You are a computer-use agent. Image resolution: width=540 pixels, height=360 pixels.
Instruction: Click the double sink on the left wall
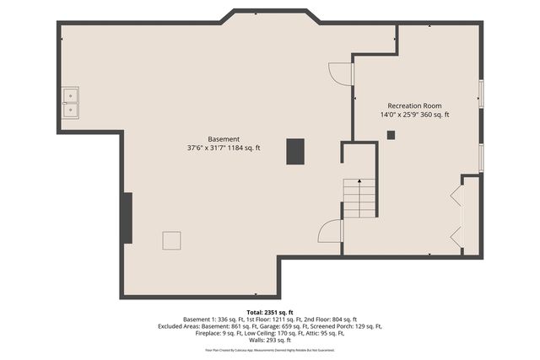click(70, 103)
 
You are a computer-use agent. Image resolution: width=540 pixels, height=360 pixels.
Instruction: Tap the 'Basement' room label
click(224, 139)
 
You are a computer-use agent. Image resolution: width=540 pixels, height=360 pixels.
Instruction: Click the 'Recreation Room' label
click(414, 106)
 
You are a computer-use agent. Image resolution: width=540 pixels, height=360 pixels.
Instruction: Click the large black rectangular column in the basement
click(294, 151)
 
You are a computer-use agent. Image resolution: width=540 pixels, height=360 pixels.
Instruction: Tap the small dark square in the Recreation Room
click(391, 134)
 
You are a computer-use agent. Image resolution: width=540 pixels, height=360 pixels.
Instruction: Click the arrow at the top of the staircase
click(359, 181)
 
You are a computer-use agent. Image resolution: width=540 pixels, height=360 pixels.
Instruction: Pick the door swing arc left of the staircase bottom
click(331, 231)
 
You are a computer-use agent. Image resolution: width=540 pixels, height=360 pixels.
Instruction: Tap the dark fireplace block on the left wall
click(127, 218)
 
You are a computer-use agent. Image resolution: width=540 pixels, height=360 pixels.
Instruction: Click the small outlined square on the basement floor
click(171, 240)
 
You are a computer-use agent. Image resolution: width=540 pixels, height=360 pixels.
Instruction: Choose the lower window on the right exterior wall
click(481, 157)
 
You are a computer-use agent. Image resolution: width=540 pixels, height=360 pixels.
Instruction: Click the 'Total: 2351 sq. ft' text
click(269, 312)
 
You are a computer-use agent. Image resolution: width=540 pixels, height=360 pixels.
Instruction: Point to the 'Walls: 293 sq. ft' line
click(269, 340)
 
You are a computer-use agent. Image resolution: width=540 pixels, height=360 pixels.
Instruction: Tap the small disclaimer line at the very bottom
click(269, 349)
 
